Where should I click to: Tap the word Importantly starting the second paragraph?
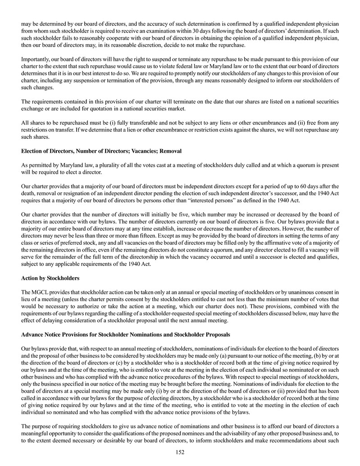(x=36, y=59)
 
